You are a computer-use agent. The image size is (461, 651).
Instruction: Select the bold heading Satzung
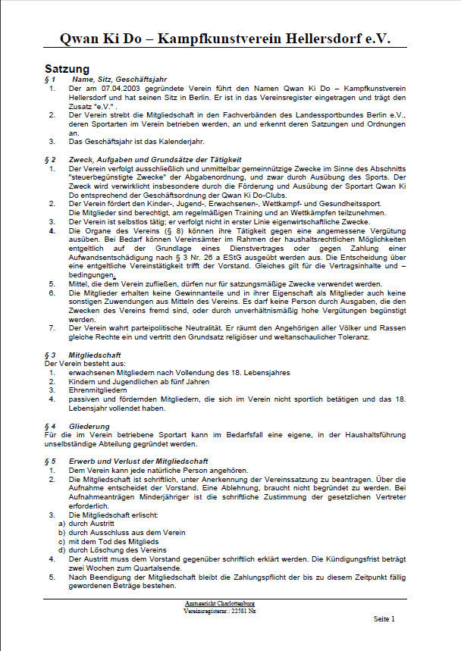[x=67, y=69]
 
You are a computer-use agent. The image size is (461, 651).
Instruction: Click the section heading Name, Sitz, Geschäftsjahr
[x=119, y=80]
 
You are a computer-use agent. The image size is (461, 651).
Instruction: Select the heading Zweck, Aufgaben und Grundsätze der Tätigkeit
[x=155, y=160]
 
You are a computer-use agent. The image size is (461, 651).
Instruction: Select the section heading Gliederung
[x=89, y=427]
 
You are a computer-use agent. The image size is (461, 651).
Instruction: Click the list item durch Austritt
[x=93, y=524]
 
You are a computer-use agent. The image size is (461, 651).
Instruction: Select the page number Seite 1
[x=384, y=619]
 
